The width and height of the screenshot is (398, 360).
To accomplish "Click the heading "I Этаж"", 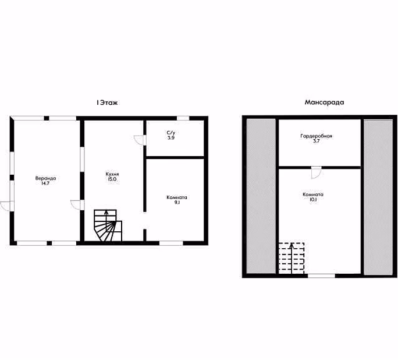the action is point(107,103).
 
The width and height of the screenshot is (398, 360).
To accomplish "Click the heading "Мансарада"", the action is point(324,103).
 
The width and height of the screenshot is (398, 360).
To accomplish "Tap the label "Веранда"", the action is point(45,178).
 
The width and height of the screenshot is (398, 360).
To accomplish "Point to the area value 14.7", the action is point(45,183).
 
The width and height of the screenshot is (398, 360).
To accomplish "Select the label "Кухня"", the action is point(112,174).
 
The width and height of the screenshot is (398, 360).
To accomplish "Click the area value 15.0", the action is point(112,179).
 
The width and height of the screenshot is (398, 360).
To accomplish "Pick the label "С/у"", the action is point(171,133).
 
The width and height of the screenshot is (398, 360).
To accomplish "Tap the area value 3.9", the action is point(171,137).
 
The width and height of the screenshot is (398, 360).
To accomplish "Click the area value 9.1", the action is point(176,203).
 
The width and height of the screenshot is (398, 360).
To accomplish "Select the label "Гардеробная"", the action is point(317,136).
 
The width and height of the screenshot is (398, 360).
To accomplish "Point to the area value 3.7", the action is point(316,141).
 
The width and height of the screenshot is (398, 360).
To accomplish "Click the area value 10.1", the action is point(313,200).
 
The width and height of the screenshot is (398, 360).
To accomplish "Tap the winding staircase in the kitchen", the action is point(108,225).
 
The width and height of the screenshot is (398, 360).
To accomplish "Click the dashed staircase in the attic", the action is point(292,258).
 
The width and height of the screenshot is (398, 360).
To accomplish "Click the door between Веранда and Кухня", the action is point(77,205).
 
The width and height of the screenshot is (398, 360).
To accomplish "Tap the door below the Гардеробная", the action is point(317,173).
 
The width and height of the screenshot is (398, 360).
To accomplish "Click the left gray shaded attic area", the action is point(261,196).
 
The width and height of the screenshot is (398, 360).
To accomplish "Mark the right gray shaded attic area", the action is point(378,197).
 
